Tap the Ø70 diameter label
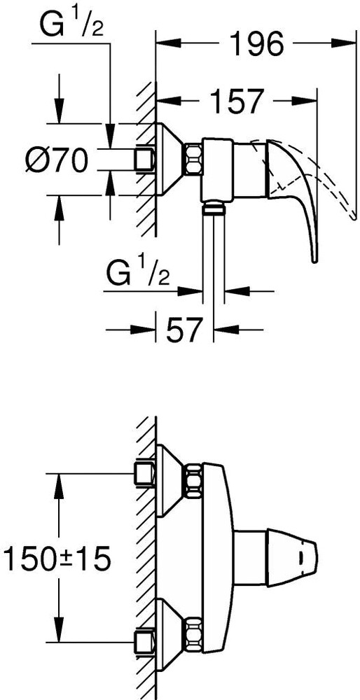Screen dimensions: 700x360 [56, 161]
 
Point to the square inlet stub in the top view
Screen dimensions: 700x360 [145, 158]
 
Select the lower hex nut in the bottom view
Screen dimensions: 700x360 [192, 633]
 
